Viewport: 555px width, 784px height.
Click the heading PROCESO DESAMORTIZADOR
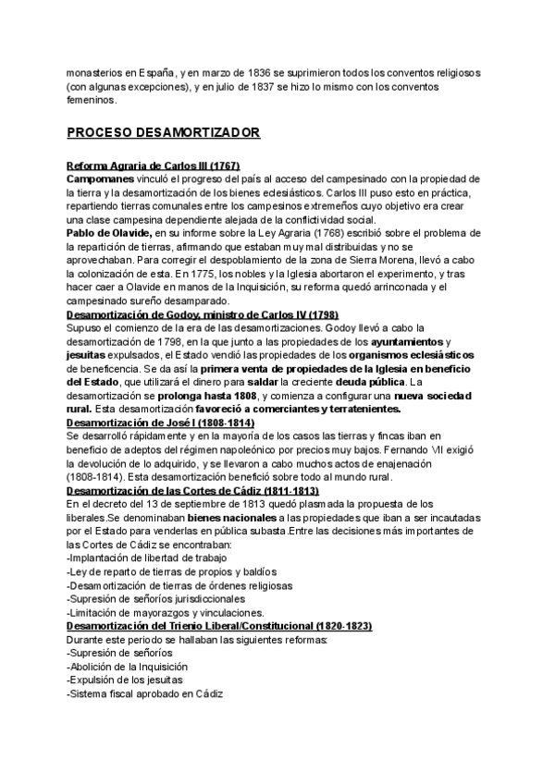point(163,133)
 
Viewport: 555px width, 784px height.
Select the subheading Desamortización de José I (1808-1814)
point(160,423)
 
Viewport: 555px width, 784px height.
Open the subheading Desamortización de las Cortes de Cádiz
point(193,491)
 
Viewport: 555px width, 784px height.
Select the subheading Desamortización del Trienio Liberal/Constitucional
point(219,626)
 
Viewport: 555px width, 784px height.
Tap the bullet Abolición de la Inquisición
point(128,667)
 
